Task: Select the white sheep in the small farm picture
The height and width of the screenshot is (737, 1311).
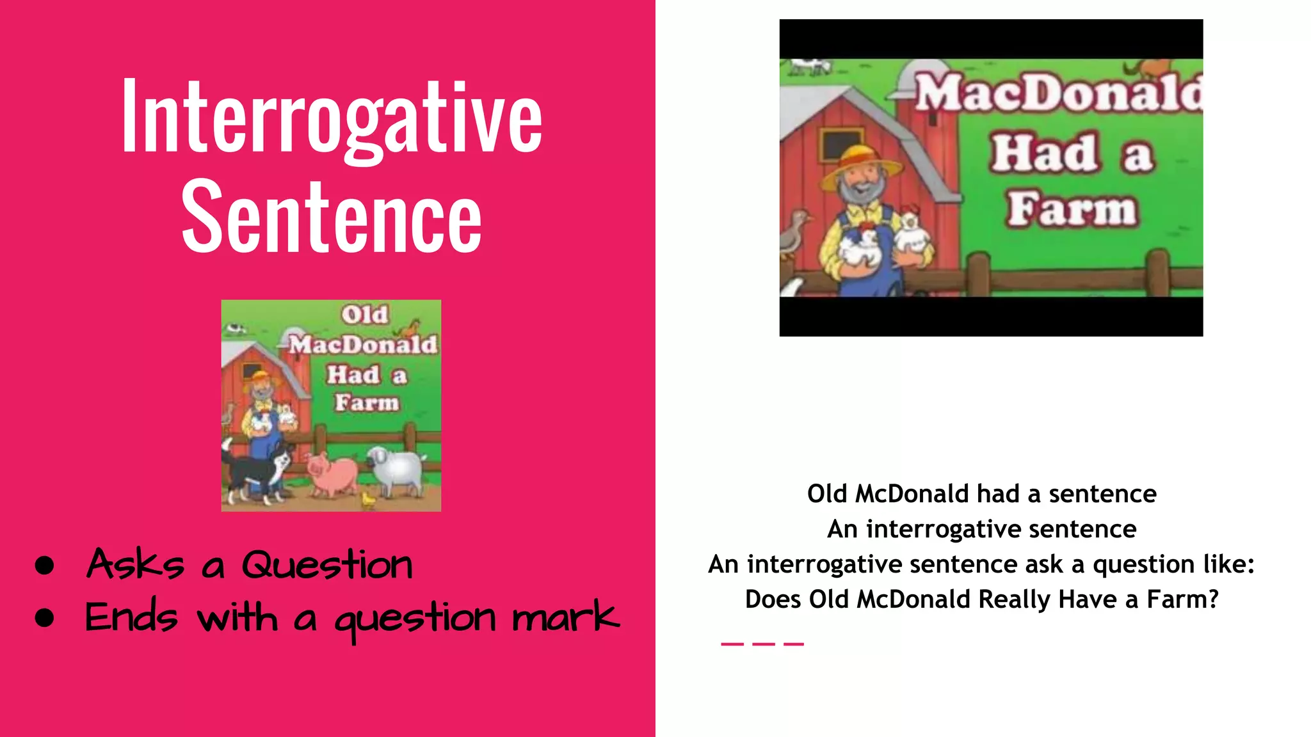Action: point(396,470)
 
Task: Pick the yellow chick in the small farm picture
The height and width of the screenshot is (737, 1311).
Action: point(369,499)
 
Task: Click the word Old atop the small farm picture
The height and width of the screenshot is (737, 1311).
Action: point(364,315)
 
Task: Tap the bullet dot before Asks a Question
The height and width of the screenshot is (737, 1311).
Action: point(44,565)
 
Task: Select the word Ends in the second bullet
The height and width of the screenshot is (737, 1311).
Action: point(131,618)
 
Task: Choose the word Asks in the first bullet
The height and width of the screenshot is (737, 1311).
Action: point(136,564)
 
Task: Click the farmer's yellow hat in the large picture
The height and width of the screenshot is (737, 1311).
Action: point(861,163)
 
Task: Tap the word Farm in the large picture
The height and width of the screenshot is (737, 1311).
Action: point(1072,209)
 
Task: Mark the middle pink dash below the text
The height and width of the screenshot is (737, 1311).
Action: point(763,644)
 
